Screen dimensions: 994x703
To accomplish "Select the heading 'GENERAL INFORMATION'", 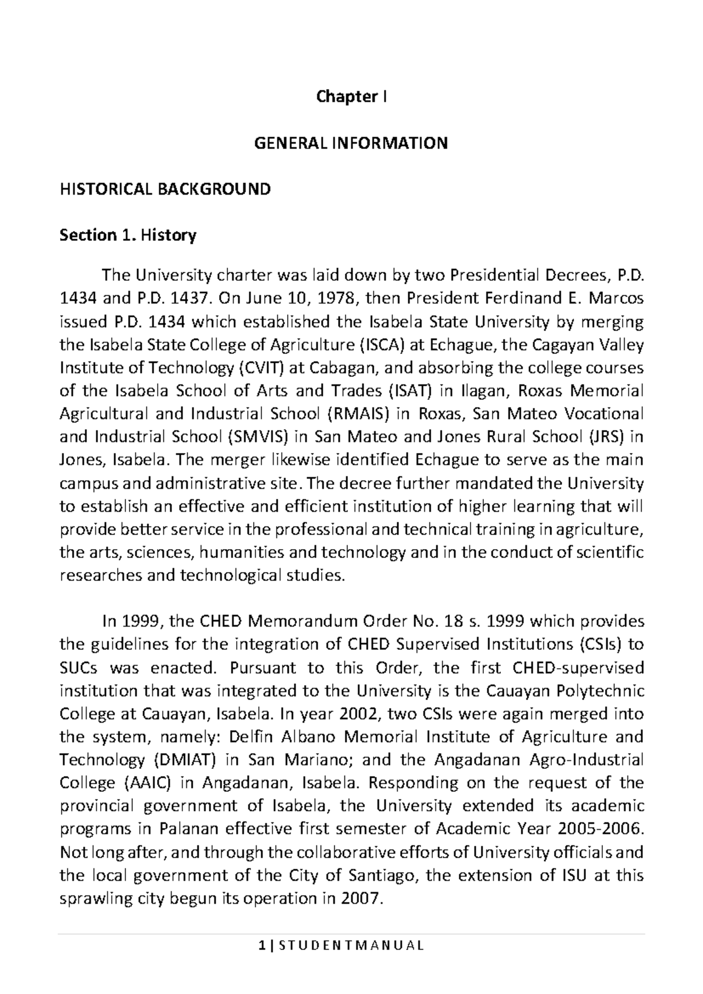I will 351,143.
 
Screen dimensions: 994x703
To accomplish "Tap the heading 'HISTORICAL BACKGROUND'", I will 165,189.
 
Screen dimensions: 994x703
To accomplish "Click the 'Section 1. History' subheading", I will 128,236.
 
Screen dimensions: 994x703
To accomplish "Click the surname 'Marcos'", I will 619,299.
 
